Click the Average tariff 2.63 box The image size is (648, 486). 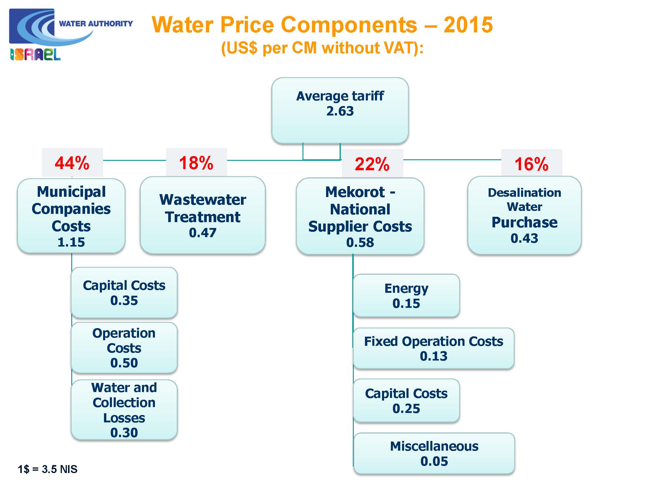[340, 110]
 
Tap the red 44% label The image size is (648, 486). [72, 163]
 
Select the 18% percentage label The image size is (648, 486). [196, 163]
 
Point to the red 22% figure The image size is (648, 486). [372, 164]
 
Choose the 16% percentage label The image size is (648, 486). [532, 164]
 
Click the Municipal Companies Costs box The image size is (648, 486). [71, 216]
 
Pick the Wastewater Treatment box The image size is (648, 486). [203, 215]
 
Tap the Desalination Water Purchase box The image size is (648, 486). [524, 215]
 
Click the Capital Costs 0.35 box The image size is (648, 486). [124, 292]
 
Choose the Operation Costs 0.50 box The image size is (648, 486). [124, 348]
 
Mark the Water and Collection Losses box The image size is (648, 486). [124, 410]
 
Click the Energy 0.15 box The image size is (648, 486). [406, 295]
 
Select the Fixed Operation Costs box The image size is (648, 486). [434, 348]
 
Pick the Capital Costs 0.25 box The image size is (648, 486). [406, 401]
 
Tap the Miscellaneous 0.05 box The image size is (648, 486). [434, 453]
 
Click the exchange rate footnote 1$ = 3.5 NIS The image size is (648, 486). [47, 469]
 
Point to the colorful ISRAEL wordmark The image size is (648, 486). [35, 54]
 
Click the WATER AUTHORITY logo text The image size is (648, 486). [96, 24]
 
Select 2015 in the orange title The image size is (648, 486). [468, 25]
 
